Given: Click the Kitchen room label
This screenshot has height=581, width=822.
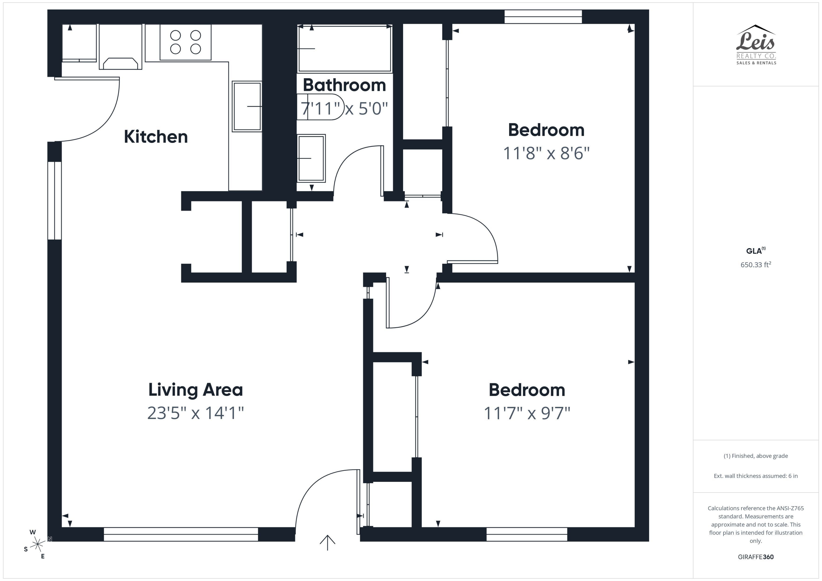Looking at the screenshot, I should tap(156, 137).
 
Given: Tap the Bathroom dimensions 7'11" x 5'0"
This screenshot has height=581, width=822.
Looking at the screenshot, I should tap(344, 108).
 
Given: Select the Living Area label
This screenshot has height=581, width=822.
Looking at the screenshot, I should tap(195, 390).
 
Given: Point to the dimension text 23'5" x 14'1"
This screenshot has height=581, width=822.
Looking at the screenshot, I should tap(195, 413).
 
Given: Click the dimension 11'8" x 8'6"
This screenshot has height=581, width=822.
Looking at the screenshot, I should tap(546, 153).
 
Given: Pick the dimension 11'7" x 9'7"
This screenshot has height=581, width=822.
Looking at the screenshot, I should tap(527, 413).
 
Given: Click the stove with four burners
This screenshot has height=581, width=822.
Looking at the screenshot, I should tap(185, 42).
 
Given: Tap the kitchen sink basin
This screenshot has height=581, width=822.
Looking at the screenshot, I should tap(247, 107).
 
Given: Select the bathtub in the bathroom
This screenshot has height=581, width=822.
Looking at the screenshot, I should tap(345, 48).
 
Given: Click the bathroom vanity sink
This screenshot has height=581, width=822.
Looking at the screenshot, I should tap(311, 158).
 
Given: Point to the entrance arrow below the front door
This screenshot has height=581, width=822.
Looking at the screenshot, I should tap(327, 542).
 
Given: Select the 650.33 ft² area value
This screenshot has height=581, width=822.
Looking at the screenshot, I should tap(755, 265).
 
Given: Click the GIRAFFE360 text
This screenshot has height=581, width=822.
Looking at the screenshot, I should tap(755, 557).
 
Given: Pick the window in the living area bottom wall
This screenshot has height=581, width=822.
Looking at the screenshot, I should tap(181, 534).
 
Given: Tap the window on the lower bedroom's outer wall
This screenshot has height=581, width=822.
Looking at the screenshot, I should tap(527, 534).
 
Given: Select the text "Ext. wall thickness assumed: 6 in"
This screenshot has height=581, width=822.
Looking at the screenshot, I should tap(755, 476).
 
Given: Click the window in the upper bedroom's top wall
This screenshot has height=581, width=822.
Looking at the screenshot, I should tap(543, 17).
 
